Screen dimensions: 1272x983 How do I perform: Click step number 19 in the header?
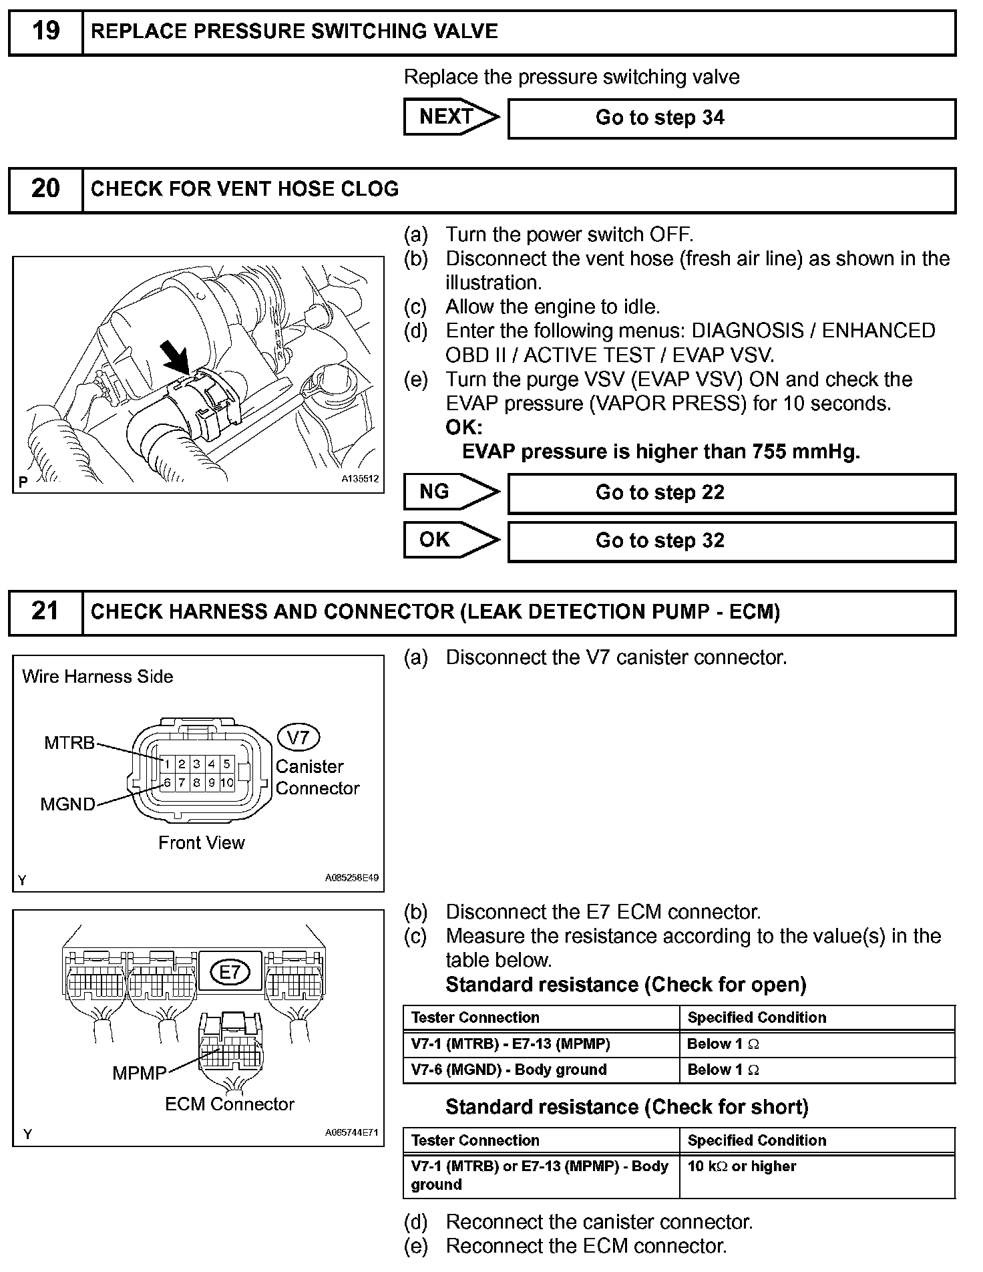(x=45, y=31)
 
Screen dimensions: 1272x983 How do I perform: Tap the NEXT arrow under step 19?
(x=451, y=117)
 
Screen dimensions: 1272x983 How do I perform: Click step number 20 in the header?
(x=45, y=189)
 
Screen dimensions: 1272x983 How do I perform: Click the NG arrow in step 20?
(x=451, y=492)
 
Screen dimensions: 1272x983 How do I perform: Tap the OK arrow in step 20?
(x=451, y=540)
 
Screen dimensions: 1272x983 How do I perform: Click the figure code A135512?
(x=359, y=479)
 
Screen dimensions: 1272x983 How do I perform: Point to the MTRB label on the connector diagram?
(x=69, y=743)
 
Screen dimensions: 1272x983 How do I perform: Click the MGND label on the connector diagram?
(x=67, y=804)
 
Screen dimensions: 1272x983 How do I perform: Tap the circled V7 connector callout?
(x=299, y=738)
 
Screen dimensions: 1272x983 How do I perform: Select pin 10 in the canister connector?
(x=227, y=783)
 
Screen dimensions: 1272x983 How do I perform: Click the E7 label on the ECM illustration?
(x=229, y=973)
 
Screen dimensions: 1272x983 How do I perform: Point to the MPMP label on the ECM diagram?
(x=139, y=1073)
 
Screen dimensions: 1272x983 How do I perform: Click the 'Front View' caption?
(x=201, y=843)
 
